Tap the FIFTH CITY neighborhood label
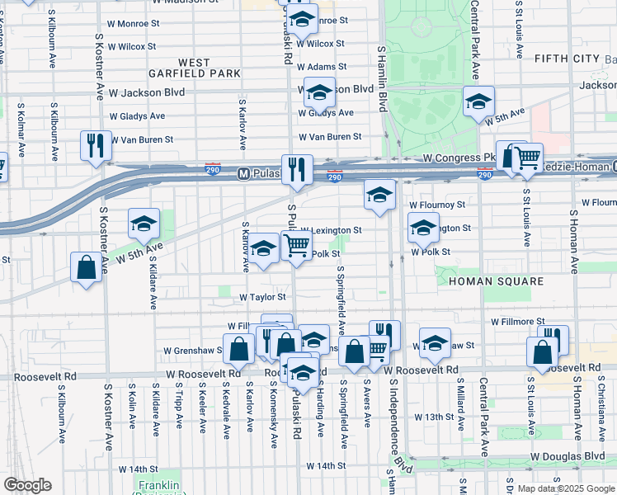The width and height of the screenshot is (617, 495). (x=566, y=58)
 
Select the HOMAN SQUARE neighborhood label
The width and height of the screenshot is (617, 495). (x=496, y=281)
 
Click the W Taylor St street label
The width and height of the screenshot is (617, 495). (x=262, y=297)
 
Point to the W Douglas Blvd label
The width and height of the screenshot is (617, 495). (x=568, y=456)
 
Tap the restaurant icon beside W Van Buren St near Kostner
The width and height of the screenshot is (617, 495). (x=95, y=146)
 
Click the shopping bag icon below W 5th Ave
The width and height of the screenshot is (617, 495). (x=86, y=267)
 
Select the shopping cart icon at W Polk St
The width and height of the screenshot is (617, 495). (x=295, y=245)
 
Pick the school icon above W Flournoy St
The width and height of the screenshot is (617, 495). (x=379, y=196)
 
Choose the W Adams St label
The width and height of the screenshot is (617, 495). (x=321, y=66)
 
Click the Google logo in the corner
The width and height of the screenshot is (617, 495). (x=27, y=485)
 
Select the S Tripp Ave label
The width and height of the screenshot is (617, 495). (x=178, y=409)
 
